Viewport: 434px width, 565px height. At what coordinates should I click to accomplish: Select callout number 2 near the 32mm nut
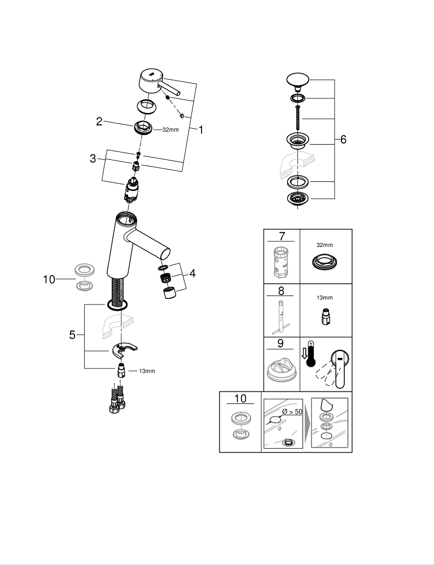click(x=99, y=121)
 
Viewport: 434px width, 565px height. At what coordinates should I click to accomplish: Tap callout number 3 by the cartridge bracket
click(x=93, y=159)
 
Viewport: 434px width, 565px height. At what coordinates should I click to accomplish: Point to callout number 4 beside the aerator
click(x=193, y=273)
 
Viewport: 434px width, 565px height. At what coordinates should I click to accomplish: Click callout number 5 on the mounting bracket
click(x=72, y=334)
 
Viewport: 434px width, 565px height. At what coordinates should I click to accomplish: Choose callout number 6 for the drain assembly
click(x=344, y=140)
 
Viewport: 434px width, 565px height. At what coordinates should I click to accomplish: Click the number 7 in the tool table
click(x=281, y=236)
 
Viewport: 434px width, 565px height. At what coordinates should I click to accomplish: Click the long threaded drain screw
click(x=298, y=119)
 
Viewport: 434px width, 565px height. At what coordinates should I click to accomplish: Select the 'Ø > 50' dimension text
click(x=294, y=411)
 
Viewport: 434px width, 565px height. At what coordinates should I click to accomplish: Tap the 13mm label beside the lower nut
click(x=147, y=371)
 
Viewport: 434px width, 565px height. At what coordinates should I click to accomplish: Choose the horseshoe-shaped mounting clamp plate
click(x=127, y=351)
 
